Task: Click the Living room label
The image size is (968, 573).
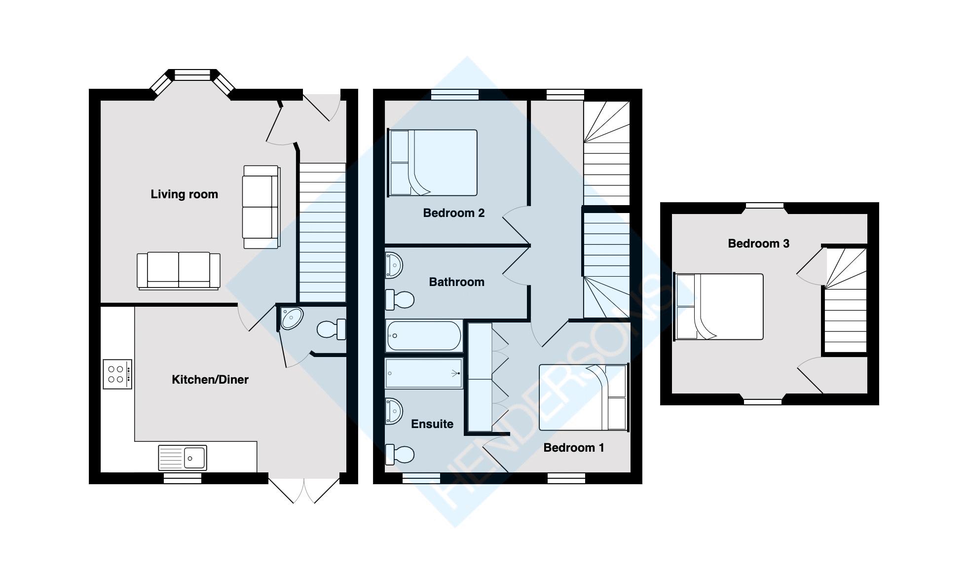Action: click(184, 194)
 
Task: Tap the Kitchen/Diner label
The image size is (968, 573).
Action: click(210, 380)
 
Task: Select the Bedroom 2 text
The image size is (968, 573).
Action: click(453, 213)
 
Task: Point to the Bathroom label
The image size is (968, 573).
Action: click(456, 282)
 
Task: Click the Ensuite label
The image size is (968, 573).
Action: click(432, 424)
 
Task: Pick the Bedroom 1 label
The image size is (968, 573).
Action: click(573, 448)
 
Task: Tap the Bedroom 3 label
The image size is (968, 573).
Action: click(758, 244)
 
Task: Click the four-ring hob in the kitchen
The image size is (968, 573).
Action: click(117, 374)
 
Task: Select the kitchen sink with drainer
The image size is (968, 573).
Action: click(182, 458)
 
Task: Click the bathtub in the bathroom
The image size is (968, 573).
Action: click(424, 335)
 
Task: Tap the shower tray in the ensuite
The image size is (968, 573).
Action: click(424, 373)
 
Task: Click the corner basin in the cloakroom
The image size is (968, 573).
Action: click(291, 318)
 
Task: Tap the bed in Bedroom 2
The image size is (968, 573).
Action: click(433, 163)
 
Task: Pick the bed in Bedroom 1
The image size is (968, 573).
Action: click(584, 397)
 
